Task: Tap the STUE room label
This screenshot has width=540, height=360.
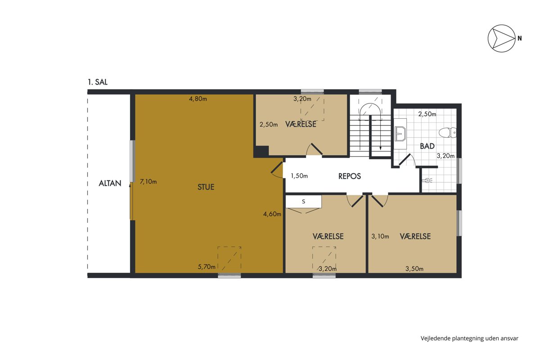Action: coord(206,187)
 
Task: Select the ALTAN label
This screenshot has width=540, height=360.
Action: coord(110,183)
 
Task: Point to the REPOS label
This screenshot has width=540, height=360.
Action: coord(350,176)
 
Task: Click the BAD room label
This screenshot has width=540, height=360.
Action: coord(427,146)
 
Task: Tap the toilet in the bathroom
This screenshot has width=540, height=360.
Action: coord(447,133)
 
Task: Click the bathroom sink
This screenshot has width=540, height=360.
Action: coord(400,134)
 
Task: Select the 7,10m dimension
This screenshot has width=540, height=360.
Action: coord(148,181)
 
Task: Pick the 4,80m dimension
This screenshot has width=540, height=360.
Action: coord(198,99)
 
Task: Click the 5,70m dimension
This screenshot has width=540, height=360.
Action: coord(207,267)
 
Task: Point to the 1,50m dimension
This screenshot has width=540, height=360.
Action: coord(299,176)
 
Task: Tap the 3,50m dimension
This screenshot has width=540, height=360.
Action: coord(414,269)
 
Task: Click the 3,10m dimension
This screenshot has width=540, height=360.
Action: coord(380,236)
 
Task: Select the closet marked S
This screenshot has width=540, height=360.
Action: coord(303,202)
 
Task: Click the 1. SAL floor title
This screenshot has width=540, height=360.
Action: coord(98,82)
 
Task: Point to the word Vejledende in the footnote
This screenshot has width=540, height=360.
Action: coord(436,338)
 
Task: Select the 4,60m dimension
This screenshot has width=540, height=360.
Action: coord(272,214)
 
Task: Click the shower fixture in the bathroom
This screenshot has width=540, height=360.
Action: coord(427,180)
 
